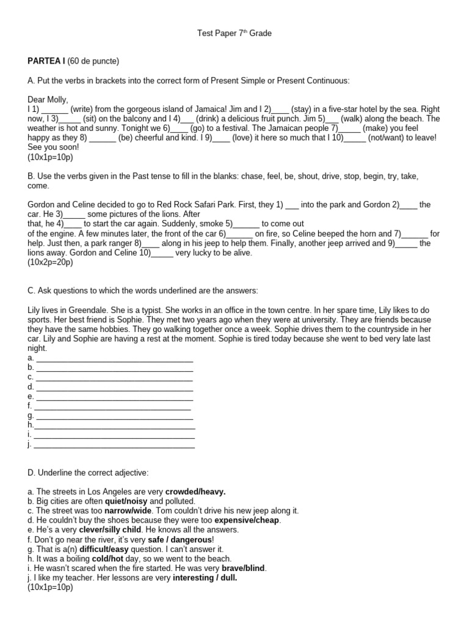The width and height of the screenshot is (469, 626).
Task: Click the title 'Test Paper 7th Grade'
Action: [x=234, y=34]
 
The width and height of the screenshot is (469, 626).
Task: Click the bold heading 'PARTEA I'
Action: [x=46, y=61]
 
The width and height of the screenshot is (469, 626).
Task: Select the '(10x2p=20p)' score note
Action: [x=50, y=262]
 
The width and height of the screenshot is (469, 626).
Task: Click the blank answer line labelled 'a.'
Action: [x=114, y=358]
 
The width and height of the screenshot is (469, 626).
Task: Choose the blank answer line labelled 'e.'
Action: [x=114, y=396]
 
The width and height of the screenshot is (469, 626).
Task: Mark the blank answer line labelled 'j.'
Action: [x=114, y=444]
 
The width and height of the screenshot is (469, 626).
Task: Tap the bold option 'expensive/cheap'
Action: [x=242, y=520]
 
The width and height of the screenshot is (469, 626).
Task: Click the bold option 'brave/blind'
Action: [x=244, y=568]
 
